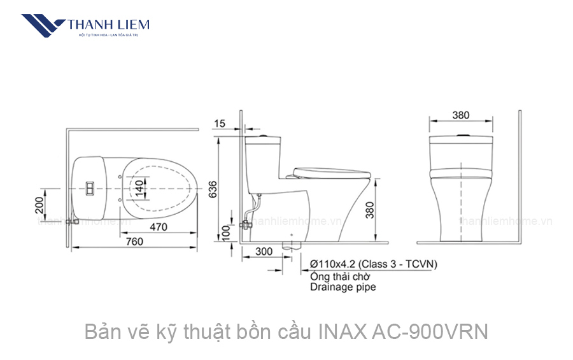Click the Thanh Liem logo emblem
[42, 26]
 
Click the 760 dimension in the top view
[134, 241]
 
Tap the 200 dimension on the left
[40, 205]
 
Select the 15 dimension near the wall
[220, 124]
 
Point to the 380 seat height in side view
[380, 210]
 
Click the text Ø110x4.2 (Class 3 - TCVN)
[373, 264]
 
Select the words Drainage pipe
[343, 287]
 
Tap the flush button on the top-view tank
[91, 189]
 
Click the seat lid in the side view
[330, 170]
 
